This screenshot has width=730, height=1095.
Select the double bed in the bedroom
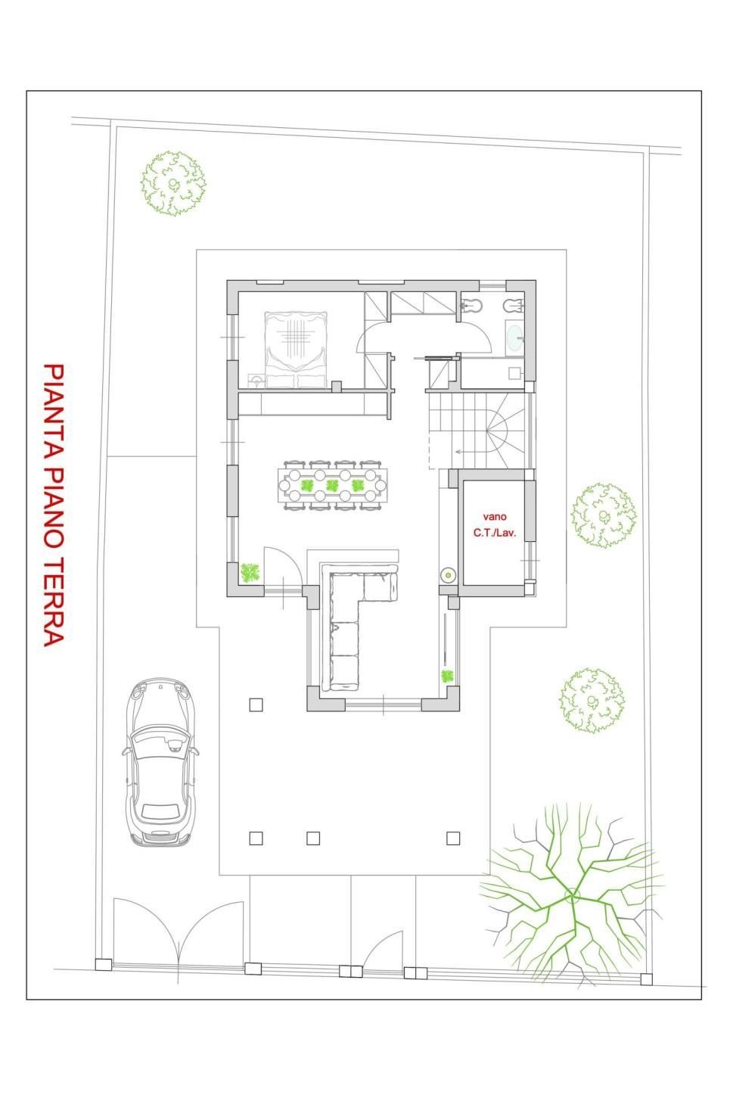point(296,350)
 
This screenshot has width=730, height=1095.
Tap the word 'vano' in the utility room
point(495,517)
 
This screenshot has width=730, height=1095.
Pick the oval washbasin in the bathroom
point(514,338)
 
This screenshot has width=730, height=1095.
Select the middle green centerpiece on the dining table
point(332,486)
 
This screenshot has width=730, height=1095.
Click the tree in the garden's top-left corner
point(173,183)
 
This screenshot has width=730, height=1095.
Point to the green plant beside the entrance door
point(250,573)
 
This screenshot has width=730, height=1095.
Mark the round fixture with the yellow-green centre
point(448,576)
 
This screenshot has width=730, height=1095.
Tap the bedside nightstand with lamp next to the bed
point(256,381)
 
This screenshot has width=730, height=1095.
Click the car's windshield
point(161,742)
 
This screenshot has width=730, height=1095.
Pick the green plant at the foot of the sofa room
point(447,677)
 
